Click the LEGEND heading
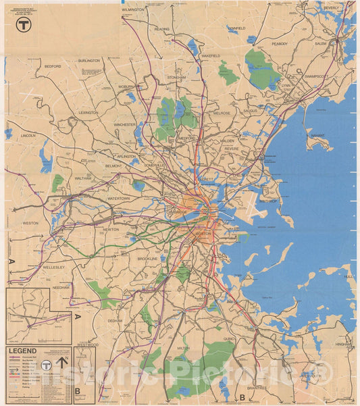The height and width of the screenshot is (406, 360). tap(22, 351)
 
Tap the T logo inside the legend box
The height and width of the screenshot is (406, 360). tap(46, 365)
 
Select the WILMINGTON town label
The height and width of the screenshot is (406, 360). tap(133, 10)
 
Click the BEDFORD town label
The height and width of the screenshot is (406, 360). tap(53, 67)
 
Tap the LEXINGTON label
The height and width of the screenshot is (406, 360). tap(88, 113)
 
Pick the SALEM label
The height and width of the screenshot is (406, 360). tap(320, 43)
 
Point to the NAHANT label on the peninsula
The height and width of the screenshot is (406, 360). tap(317, 135)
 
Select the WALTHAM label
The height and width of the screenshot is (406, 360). tap(82, 178)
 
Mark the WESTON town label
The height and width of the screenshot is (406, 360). tap(30, 222)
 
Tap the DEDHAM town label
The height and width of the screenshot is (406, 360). tap(115, 321)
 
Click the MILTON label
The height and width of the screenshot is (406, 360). tap(182, 348)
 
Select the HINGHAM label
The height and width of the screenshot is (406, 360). tap(344, 344)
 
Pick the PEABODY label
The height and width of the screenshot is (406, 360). tap(280, 43)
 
